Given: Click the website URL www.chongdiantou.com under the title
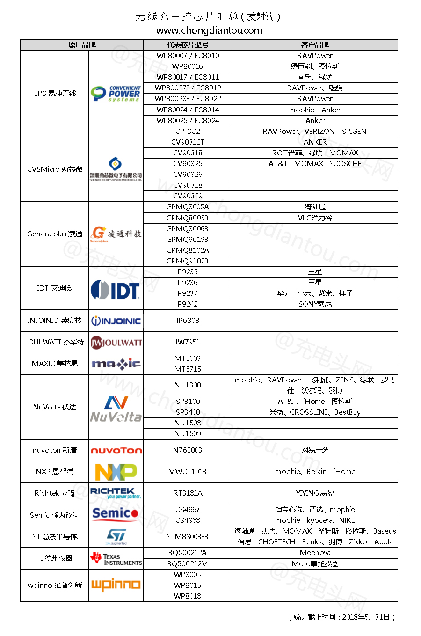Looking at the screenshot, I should [x=209, y=30].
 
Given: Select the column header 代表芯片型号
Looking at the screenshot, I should [x=188, y=45].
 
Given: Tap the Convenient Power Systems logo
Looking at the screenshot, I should [x=116, y=94].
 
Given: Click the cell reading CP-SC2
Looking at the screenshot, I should [x=188, y=132].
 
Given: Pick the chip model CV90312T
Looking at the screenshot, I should [x=188, y=142].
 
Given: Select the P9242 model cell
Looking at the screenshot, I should [x=188, y=304].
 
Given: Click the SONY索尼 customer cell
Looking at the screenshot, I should [x=315, y=304].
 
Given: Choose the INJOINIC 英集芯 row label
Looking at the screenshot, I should [x=54, y=321].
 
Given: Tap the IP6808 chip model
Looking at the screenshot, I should [x=188, y=321].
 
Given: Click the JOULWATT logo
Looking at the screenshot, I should [x=116, y=343].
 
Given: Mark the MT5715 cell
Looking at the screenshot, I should [x=188, y=369].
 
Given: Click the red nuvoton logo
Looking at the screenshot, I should [x=116, y=451].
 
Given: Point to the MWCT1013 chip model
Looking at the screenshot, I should [x=188, y=472].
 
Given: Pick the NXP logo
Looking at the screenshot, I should [x=116, y=472].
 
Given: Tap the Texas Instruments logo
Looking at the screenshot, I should [x=116, y=559].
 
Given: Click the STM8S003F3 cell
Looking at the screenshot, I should [x=188, y=537].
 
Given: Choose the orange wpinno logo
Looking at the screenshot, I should [x=116, y=585].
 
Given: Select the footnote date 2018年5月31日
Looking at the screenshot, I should [x=366, y=617].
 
